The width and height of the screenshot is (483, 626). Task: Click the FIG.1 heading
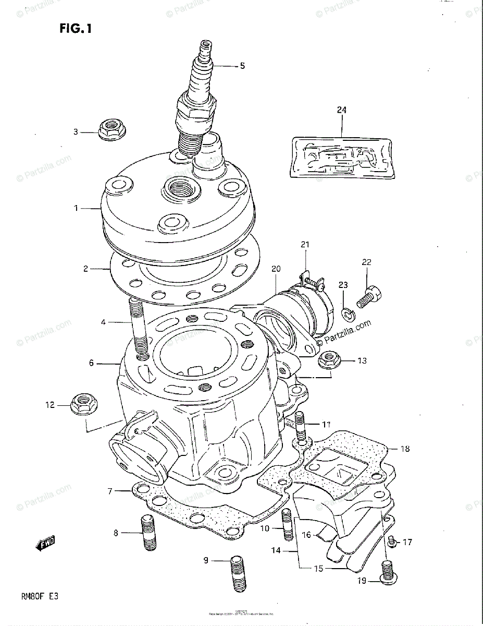[76, 29]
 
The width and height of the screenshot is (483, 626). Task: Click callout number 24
[341, 110]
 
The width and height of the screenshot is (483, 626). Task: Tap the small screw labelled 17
[393, 543]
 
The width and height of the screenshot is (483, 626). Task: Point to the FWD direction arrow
[45, 544]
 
